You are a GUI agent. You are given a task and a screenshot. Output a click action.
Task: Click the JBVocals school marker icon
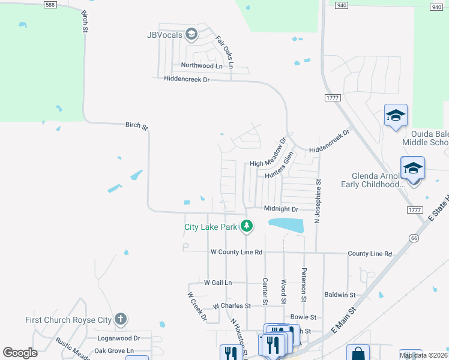coord(191,34)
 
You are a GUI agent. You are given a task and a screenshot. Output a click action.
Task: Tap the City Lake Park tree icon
coord(246,226)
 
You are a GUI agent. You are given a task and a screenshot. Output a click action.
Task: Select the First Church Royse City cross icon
coord(121,319)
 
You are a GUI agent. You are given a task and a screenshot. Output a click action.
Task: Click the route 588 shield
coord(50,5)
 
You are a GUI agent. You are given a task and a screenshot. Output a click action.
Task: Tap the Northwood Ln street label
coord(202,65)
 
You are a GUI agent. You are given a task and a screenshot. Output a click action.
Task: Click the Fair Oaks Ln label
coord(224,51)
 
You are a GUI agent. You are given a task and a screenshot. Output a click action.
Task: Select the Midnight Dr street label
coord(281,209)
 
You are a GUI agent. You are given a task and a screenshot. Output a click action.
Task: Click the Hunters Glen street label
coord(280,166)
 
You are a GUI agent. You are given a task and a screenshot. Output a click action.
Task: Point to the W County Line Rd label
coord(237,253)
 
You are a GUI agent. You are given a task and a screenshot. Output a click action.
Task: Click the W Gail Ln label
coord(218,282)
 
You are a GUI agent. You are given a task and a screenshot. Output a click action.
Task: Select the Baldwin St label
coord(340,295)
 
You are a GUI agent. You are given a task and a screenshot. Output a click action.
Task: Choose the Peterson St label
coord(304,285)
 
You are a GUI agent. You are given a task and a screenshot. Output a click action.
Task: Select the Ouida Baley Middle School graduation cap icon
coord(396,116)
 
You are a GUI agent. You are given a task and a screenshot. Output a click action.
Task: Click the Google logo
coord(20,353)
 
